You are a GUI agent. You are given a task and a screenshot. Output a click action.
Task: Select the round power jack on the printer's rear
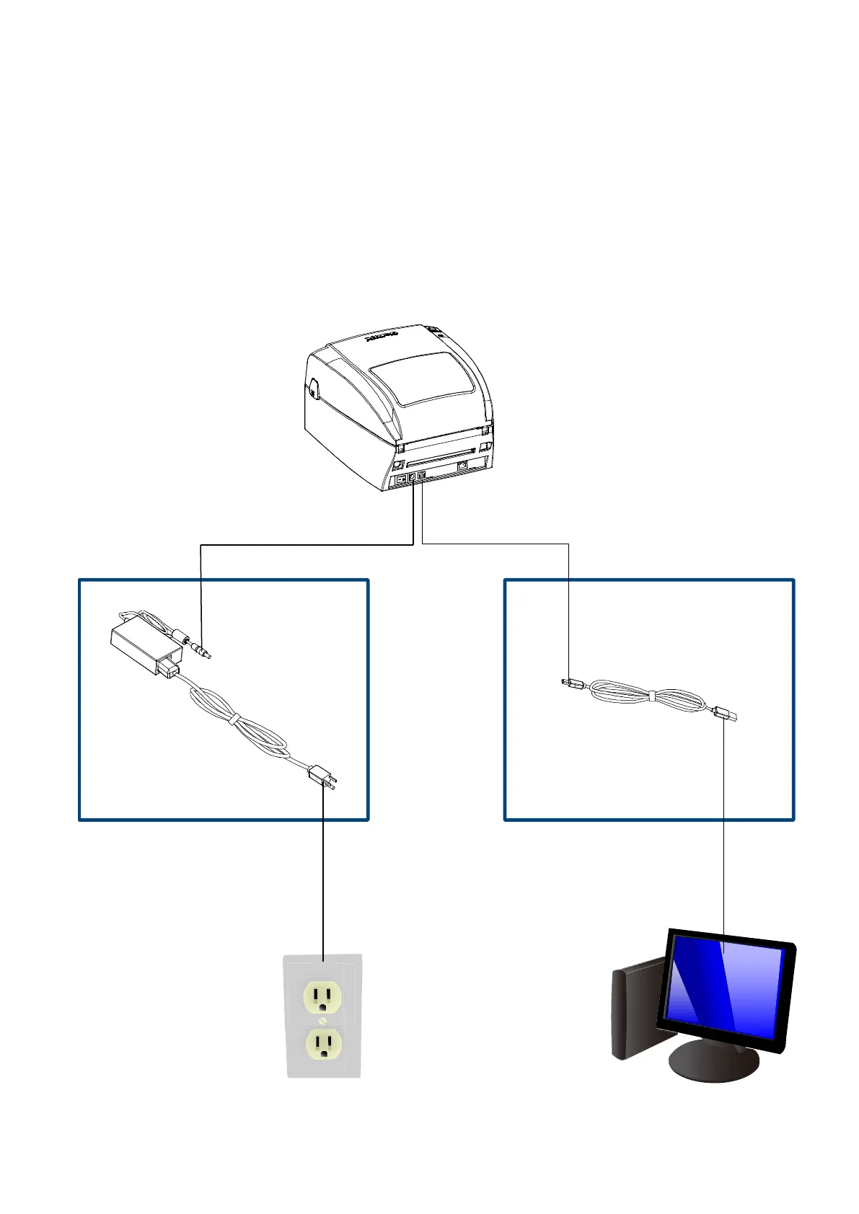click(413, 477)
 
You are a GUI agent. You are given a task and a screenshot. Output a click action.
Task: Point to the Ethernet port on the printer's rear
click(462, 466)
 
